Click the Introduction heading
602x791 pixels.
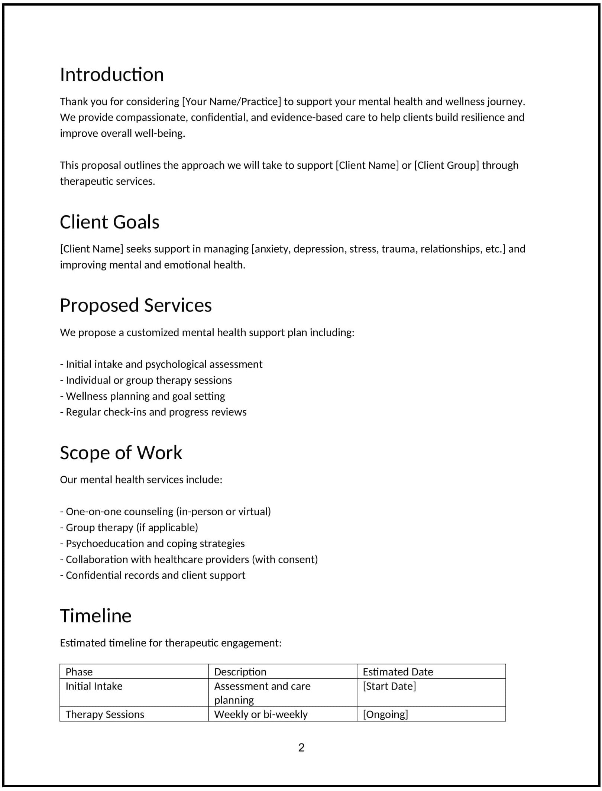point(112,75)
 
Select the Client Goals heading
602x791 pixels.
point(110,222)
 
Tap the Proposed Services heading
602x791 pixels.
point(136,305)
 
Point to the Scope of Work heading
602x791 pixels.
point(121,453)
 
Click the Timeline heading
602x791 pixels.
point(96,616)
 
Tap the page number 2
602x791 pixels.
point(301,747)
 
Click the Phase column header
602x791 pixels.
point(79,672)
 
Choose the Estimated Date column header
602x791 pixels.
point(398,672)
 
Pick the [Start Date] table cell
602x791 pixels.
point(389,686)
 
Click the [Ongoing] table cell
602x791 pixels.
point(385,714)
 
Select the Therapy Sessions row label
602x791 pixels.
point(105,714)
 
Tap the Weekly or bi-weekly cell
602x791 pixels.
point(261,714)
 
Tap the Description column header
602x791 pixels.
point(240,672)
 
